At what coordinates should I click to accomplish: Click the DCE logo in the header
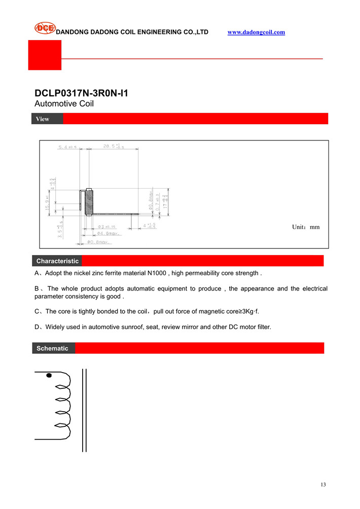tap(45, 28)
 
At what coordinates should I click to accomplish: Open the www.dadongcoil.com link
tap(256, 32)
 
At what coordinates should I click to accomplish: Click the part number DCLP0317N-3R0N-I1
tap(81, 94)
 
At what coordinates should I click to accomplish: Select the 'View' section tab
tap(43, 119)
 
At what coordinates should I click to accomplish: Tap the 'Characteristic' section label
tap(57, 261)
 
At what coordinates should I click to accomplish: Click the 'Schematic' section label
tap(52, 348)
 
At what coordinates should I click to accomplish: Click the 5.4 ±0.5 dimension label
tap(67, 147)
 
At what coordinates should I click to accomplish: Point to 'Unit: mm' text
tap(306, 227)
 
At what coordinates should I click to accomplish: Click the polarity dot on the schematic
tap(49, 376)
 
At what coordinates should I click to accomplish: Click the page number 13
tap(323, 485)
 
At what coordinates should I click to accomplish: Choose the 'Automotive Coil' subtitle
tap(64, 103)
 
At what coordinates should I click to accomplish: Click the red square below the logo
tap(45, 55)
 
